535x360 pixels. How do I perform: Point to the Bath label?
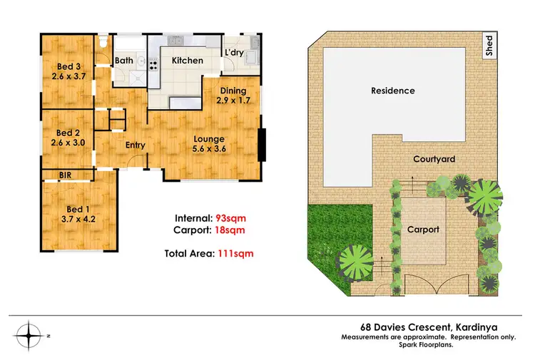coord(124,61)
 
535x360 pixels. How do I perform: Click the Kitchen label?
coord(187,61)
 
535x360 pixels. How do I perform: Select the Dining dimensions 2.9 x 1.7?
coord(233,101)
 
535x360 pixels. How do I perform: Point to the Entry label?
coord(135,145)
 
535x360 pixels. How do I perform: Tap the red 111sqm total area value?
coord(238,252)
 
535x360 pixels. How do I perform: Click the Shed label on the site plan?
coord(489,46)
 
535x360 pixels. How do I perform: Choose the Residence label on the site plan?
coord(392,91)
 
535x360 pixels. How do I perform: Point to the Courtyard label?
coord(434,160)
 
